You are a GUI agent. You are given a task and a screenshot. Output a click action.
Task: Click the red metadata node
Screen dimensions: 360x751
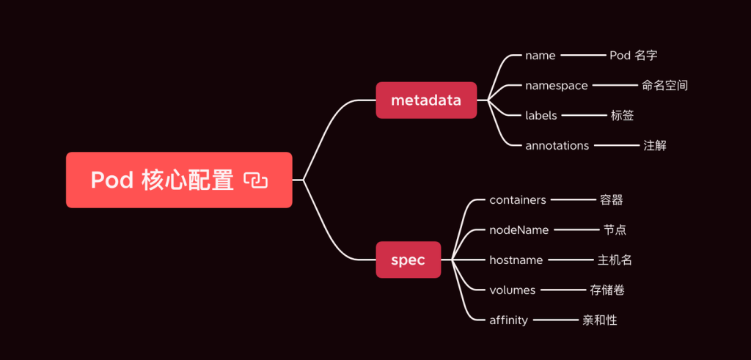coord(426,100)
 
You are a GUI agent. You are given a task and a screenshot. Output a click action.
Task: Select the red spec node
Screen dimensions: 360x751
coord(408,260)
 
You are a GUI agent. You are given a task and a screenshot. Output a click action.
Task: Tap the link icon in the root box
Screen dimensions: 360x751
coord(256,180)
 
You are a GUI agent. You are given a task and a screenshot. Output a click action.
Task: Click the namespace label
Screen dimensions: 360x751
coord(556,86)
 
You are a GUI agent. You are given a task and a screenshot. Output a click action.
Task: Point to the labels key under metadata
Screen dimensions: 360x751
coord(541,115)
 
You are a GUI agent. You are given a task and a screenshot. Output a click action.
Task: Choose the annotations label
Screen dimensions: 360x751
coord(557,145)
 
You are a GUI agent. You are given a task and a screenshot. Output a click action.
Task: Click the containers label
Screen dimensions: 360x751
coord(518,200)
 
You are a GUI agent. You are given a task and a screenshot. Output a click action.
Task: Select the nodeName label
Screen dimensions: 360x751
coord(519,229)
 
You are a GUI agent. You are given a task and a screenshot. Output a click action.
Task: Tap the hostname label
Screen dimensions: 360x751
coord(516,260)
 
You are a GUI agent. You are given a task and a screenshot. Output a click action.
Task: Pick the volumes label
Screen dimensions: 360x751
coord(512,290)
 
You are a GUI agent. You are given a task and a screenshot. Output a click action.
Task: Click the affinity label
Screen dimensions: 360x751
coord(508,320)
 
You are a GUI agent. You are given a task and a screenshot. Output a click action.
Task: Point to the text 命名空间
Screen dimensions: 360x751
coord(664,86)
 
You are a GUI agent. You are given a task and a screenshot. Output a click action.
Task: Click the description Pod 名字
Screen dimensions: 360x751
coord(633,56)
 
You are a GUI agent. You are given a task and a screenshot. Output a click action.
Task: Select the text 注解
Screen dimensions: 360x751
coord(655,145)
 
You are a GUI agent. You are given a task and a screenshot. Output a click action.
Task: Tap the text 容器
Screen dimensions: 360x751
coord(611,200)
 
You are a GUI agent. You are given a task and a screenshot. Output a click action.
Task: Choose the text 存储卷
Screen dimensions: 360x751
coord(607,290)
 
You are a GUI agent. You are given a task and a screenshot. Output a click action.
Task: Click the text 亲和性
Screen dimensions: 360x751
coord(600,320)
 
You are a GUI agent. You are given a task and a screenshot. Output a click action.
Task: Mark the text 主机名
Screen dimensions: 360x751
coord(615,260)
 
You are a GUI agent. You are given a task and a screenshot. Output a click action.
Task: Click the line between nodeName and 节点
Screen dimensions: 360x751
coord(576,229)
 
